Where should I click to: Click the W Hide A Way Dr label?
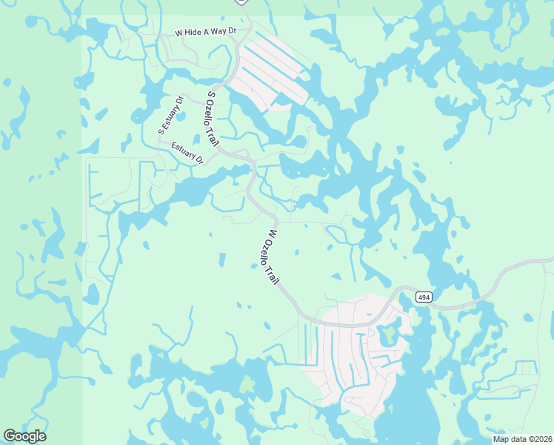[205, 32]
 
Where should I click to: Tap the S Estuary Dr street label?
[171, 114]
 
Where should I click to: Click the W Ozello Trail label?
[271, 257]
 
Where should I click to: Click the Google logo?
[24, 436]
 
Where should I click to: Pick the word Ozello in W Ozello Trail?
[268, 248]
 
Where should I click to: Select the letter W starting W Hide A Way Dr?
[178, 33]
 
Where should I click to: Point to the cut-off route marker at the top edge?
[241, 1]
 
